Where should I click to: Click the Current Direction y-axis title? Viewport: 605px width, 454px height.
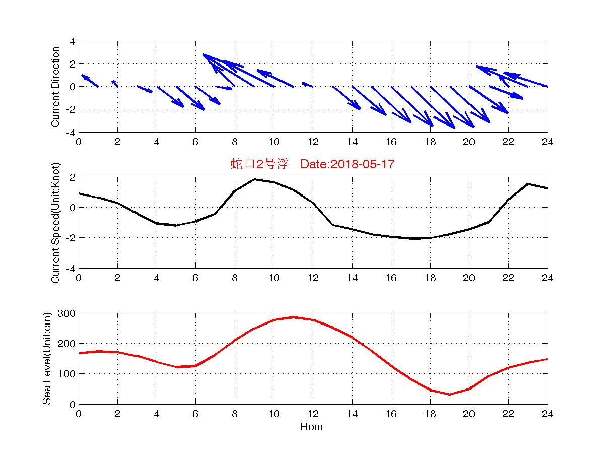55,87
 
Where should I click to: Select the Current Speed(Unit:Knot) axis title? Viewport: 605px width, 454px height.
55,223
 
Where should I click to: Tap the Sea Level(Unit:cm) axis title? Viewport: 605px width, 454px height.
47,359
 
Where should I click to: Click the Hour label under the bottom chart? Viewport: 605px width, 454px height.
312,427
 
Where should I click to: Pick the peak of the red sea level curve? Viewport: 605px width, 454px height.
293,317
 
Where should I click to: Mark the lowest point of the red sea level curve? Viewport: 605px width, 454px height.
449,394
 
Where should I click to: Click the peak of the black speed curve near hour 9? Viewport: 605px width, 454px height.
254,179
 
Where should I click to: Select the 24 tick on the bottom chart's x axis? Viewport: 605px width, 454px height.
547,414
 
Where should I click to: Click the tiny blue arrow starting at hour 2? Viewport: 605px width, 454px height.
115,83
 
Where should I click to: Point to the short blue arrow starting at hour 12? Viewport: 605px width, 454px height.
308,85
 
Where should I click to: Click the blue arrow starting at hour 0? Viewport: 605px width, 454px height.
89,81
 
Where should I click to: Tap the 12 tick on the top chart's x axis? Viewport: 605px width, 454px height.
313,142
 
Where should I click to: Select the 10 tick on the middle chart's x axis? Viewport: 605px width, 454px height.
274,278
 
